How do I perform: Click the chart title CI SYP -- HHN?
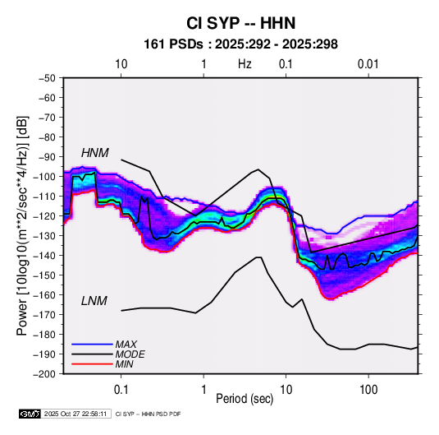240,23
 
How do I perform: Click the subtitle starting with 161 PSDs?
240,44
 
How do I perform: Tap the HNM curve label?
95,153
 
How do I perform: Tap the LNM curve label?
94,301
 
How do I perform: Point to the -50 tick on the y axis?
47,78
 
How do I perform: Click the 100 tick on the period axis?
368,390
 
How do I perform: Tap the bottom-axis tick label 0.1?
121,390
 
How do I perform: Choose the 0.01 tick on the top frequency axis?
368,64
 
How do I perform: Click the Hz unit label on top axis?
245,64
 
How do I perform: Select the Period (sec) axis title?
245,399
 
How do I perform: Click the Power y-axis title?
22,226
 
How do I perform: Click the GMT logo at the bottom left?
30,414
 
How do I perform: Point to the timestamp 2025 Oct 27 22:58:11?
75,414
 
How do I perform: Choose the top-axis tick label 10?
121,64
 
